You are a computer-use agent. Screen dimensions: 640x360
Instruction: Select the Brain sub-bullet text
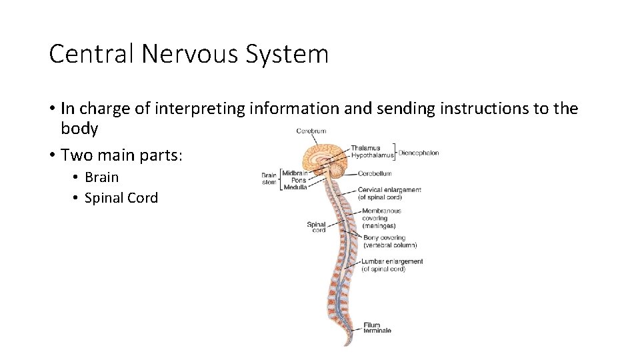(x=101, y=177)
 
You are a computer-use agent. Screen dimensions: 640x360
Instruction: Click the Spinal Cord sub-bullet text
(x=121, y=198)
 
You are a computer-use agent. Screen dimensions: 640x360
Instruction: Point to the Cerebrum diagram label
(x=311, y=131)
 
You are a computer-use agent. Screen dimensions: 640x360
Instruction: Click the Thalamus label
(x=366, y=148)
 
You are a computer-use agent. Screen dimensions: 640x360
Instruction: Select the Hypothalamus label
(x=373, y=155)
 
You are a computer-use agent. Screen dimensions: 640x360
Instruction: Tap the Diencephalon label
(x=419, y=153)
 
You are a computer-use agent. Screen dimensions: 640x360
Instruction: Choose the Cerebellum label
(x=375, y=173)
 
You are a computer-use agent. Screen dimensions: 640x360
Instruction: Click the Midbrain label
(x=295, y=173)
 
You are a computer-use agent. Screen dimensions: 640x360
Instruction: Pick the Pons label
(x=299, y=180)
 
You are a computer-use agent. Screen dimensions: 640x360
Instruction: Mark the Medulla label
(x=296, y=187)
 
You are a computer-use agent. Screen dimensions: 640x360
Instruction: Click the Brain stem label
(x=269, y=179)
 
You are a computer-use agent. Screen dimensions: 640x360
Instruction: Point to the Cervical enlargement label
(x=389, y=193)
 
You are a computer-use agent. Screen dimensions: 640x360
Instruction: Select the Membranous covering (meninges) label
(x=381, y=218)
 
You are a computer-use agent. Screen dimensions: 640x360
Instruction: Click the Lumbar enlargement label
(x=392, y=265)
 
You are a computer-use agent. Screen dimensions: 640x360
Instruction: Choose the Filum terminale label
(x=377, y=328)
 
